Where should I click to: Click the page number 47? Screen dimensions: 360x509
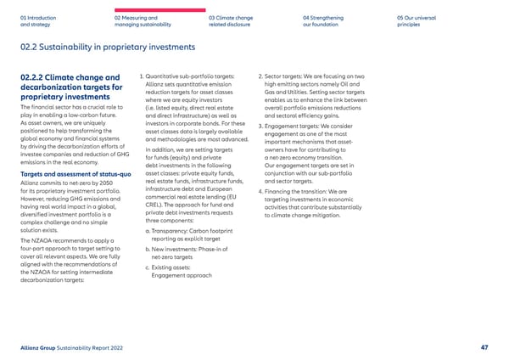click(x=484, y=347)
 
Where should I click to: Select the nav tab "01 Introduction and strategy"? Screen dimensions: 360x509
click(x=38, y=20)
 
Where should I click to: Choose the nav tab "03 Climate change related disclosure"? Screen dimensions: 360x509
click(x=231, y=20)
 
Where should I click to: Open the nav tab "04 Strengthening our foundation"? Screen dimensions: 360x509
click(x=323, y=20)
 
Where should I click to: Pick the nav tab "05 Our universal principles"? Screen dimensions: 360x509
click(x=415, y=20)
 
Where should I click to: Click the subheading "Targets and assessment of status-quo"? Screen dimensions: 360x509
click(x=75, y=174)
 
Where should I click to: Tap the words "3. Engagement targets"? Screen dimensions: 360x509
click(x=293, y=127)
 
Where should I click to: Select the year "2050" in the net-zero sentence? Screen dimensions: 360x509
click(x=107, y=183)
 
